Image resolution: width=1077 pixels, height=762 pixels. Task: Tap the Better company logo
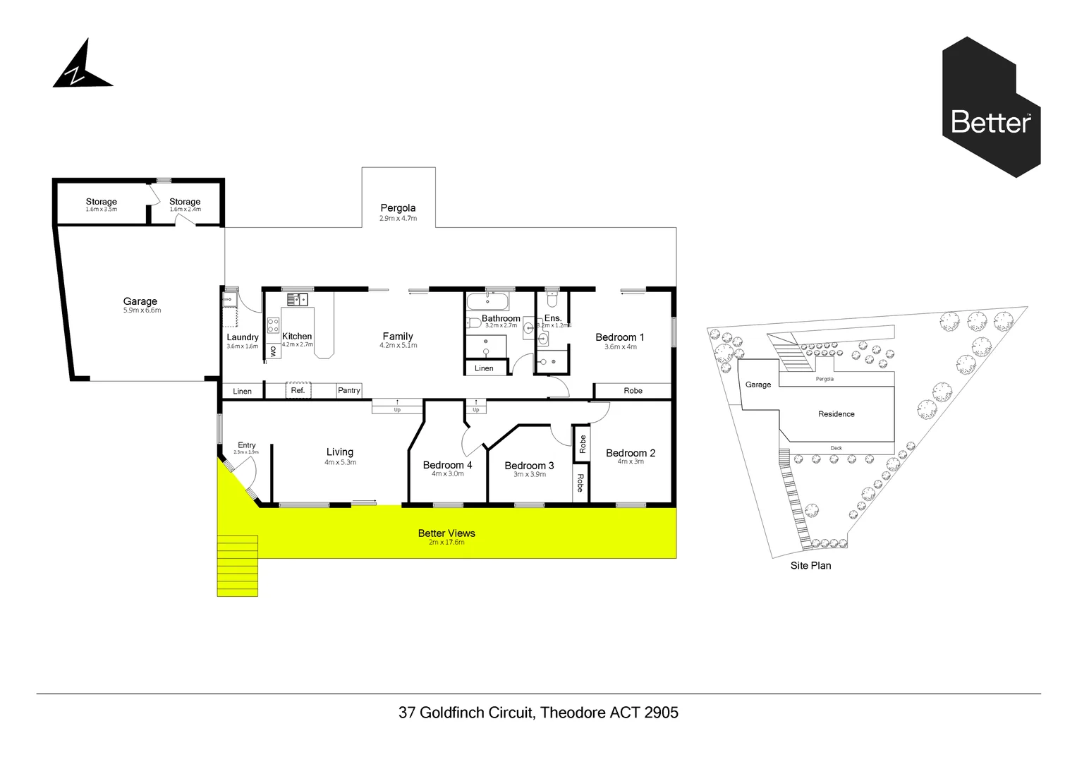991,107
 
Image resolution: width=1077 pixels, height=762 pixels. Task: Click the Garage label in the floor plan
140,302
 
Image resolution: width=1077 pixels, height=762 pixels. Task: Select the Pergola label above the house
398,208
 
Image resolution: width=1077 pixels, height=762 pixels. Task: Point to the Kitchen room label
297,337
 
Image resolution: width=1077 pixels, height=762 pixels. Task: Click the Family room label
398,337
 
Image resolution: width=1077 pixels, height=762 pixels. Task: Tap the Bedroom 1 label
619,337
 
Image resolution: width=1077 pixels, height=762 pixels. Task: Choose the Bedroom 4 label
447,465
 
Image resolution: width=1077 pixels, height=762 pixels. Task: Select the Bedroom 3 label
529,466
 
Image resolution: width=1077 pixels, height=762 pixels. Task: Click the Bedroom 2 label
630,453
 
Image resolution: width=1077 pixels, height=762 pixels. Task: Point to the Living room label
339,452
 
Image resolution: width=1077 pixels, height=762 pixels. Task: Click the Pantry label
348,390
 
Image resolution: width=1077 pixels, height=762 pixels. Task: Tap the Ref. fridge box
298,390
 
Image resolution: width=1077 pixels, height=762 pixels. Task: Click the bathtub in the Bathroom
487,302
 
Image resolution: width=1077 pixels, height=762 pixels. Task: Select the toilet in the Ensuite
552,301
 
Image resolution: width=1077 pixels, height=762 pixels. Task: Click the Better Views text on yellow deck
446,533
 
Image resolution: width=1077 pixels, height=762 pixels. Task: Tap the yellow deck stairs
237,565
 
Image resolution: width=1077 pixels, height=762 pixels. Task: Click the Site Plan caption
810,565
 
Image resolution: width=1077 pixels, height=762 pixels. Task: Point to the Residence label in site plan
836,414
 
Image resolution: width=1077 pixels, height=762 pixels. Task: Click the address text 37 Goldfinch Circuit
538,713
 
